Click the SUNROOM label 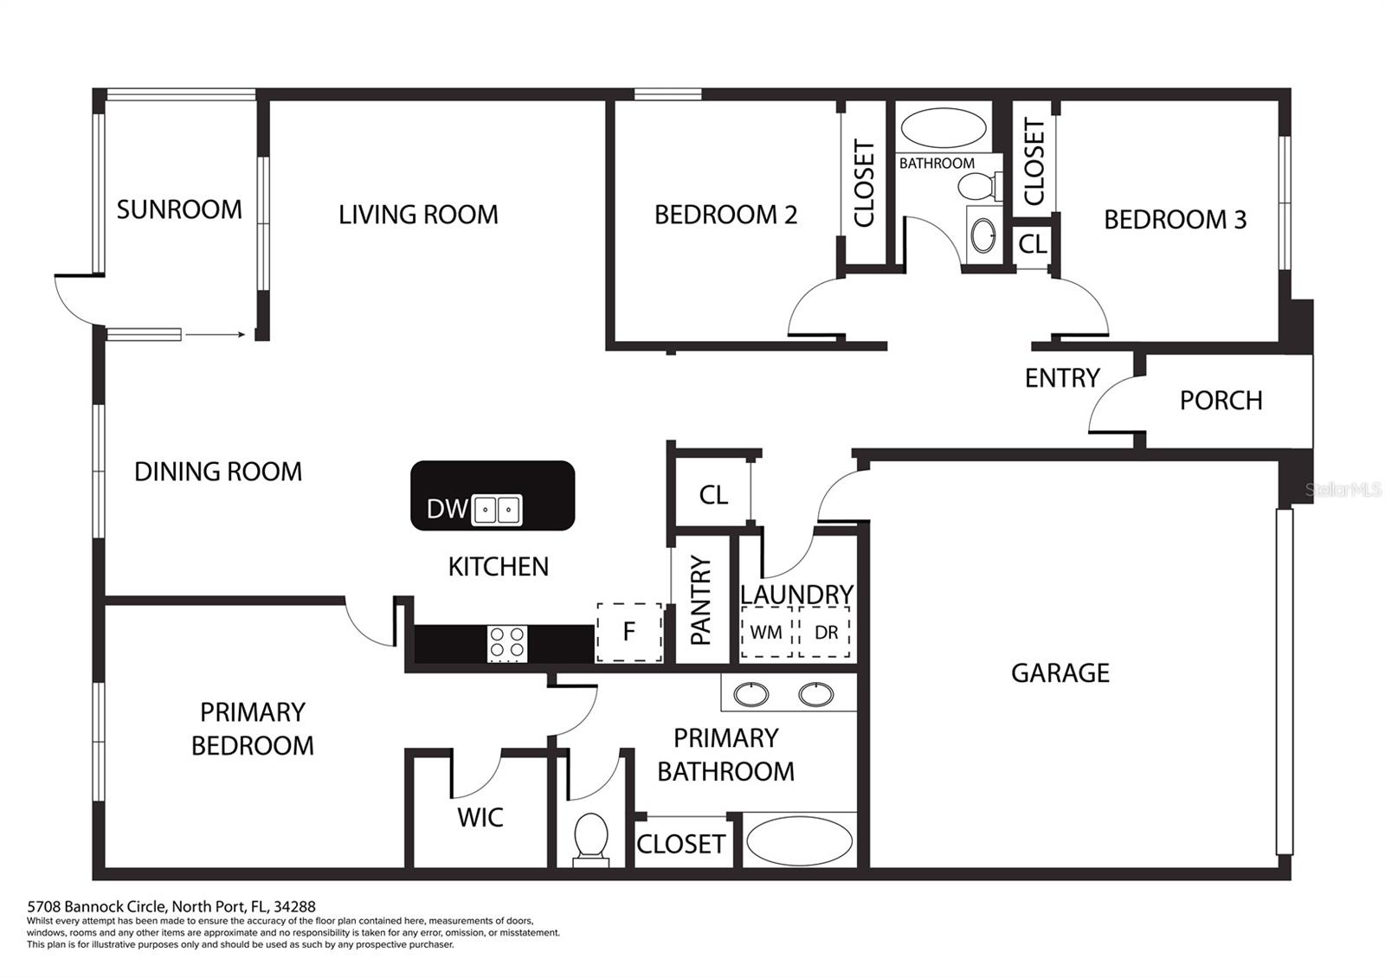tap(179, 209)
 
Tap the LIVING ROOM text tap(419, 216)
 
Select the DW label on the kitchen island tap(447, 509)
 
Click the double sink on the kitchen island tap(497, 510)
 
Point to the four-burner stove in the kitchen tap(507, 643)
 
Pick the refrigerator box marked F tap(629, 633)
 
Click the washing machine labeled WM tap(767, 633)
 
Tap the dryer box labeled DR tap(824, 633)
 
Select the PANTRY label tap(700, 601)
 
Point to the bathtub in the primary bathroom tap(800, 840)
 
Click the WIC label tap(480, 818)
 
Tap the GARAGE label tap(1060, 673)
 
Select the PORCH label tap(1221, 401)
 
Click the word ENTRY tap(1062, 377)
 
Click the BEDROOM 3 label tap(1176, 220)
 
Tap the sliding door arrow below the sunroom tap(216, 335)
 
